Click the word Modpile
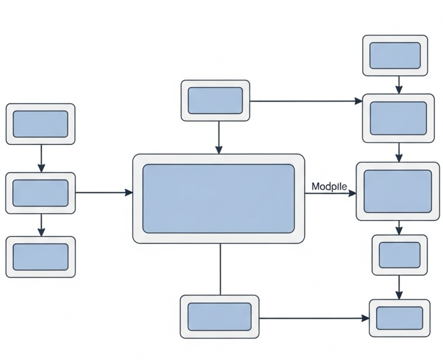(x=329, y=187)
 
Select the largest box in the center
(x=219, y=198)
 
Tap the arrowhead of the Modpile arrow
(x=353, y=193)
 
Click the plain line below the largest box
(x=220, y=269)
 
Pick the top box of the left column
(x=41, y=124)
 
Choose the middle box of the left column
(x=41, y=193)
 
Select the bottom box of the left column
(x=41, y=257)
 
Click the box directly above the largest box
(x=215, y=101)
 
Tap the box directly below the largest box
(x=220, y=316)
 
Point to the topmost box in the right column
(x=395, y=55)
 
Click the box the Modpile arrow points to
(x=398, y=191)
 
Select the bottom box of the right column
(x=399, y=318)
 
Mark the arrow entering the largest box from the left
(x=104, y=193)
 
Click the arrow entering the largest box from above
(x=219, y=137)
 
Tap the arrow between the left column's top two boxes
(x=41, y=158)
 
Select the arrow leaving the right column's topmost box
(x=399, y=85)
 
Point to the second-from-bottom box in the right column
(x=399, y=255)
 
